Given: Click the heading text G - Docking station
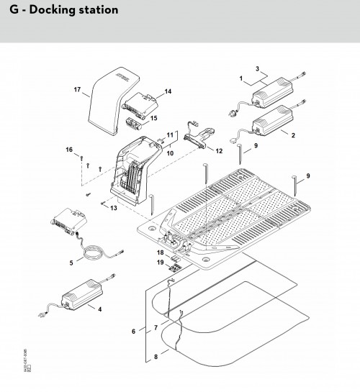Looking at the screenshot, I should [60, 11].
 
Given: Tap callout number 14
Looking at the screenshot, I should [168, 91].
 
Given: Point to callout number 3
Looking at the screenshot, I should [256, 68].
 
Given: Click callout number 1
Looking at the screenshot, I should [242, 76].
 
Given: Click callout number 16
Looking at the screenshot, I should [70, 150].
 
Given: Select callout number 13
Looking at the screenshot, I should [113, 208].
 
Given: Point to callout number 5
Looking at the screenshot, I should [71, 263].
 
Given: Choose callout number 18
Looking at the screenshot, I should [160, 253].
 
